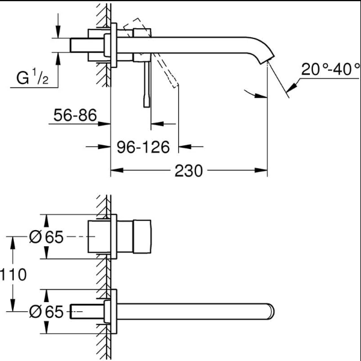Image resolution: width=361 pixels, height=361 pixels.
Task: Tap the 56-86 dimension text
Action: [75, 115]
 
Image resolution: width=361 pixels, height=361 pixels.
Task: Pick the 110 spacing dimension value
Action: [13, 275]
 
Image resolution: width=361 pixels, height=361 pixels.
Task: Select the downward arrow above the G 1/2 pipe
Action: [58, 33]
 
